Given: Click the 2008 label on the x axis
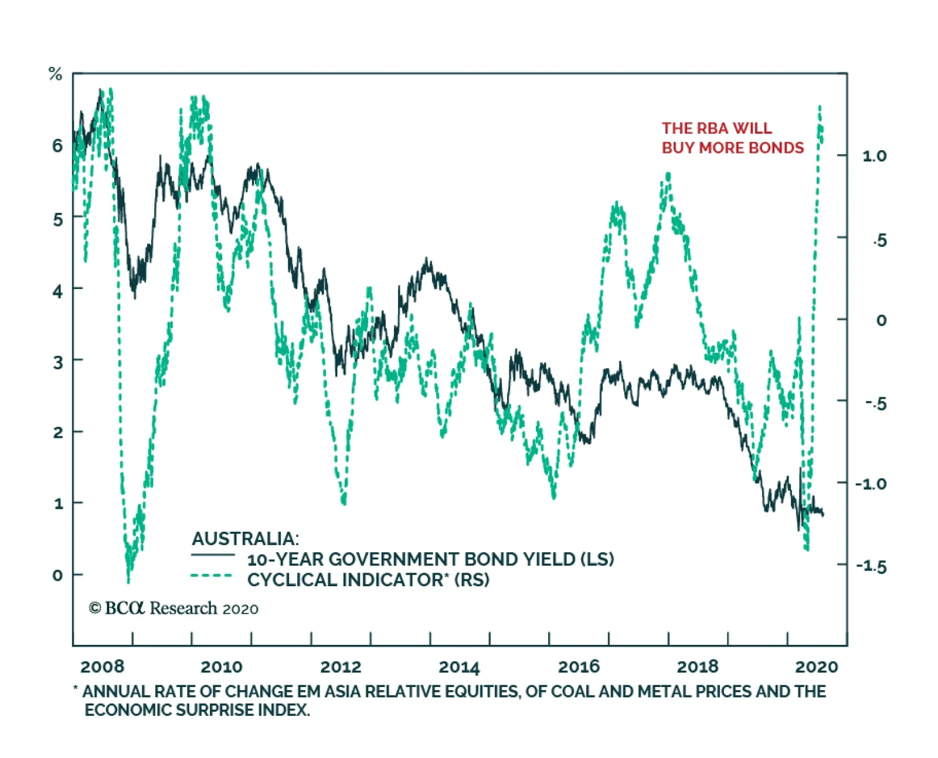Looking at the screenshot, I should point(102,667).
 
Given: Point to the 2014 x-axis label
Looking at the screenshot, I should point(459,667).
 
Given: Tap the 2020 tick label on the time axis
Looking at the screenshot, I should point(816,667).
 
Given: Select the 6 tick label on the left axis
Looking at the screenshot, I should point(57,145).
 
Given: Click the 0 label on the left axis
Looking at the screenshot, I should point(57,575).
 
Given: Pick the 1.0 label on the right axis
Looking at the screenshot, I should point(874,156).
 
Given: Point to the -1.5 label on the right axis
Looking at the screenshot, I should point(871,566).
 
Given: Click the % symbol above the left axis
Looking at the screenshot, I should point(55,74).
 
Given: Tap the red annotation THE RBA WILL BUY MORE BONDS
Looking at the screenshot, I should point(732,138).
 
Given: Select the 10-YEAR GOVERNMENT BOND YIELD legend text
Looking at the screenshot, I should point(430,559).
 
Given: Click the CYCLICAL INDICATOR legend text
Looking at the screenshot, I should point(368,580).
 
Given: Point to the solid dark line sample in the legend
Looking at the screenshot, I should point(213,555).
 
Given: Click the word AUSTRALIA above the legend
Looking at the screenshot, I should point(245,538).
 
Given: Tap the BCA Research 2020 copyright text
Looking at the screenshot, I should point(174,609).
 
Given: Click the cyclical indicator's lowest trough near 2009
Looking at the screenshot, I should point(128,581).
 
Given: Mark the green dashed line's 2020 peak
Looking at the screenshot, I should point(820,107).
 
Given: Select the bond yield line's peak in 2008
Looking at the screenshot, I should point(100,91).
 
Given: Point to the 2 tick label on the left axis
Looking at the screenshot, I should point(57,432).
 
